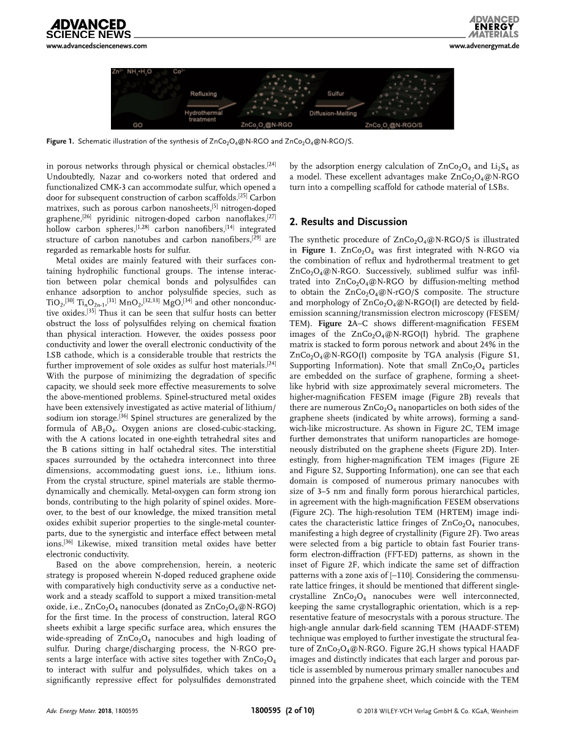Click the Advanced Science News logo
(x=86, y=28)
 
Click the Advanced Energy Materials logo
(x=495, y=26)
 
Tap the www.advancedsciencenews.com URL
(x=96, y=46)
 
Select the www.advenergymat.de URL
(x=484, y=46)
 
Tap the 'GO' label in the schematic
(x=138, y=124)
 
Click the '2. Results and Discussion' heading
(x=348, y=221)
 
